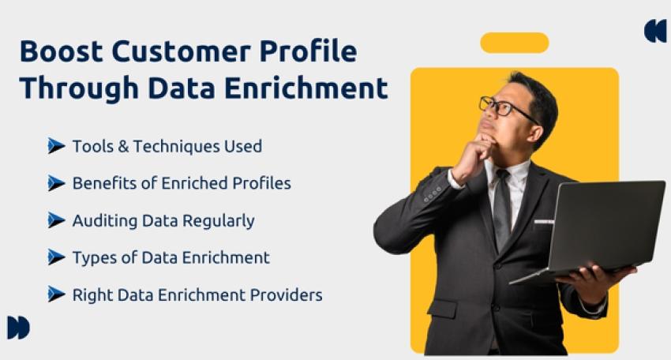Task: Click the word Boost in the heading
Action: pos(61,51)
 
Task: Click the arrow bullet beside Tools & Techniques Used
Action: pos(55,146)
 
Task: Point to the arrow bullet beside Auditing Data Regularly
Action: pos(55,220)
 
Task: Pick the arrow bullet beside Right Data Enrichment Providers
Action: pos(55,294)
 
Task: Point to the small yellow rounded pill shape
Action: pos(514,43)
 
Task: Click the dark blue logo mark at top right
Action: pos(655,31)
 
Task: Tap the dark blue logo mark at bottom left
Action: pos(18,328)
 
